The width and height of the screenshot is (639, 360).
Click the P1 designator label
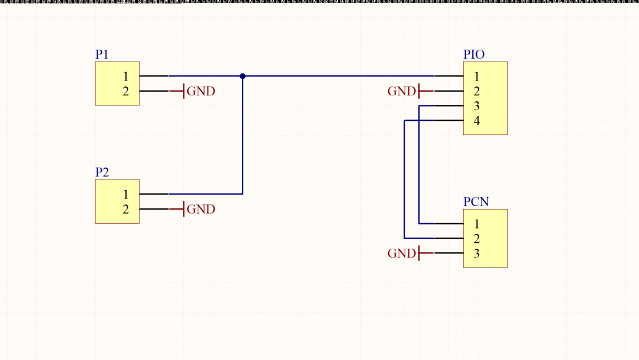tap(102, 54)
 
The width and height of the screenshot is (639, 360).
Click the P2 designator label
tap(102, 172)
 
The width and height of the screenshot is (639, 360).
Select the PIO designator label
tap(474, 54)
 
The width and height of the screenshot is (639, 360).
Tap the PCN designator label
tap(476, 202)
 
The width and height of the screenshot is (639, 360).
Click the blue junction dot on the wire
tap(243, 76)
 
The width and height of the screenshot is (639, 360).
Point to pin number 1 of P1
tap(126, 76)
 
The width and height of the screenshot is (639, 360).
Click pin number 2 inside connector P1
tap(126, 91)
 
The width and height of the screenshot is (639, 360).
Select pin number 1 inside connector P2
tap(126, 194)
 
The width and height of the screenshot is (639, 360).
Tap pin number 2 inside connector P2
tap(126, 209)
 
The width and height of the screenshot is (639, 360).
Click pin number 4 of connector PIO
tap(476, 121)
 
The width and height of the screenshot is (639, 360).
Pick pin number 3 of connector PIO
tap(476, 106)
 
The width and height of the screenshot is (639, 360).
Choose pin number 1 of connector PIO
tap(476, 76)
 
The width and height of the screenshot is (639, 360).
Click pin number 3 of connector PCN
tap(476, 253)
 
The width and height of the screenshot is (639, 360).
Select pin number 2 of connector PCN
tap(476, 239)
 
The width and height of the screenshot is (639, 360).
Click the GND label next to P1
tap(201, 91)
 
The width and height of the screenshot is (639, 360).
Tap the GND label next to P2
tap(201, 209)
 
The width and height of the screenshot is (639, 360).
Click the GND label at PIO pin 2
tap(402, 91)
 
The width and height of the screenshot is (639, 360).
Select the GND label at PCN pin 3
tap(402, 253)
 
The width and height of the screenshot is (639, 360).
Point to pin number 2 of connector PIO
tap(476, 91)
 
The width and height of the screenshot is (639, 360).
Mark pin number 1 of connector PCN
tap(476, 224)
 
